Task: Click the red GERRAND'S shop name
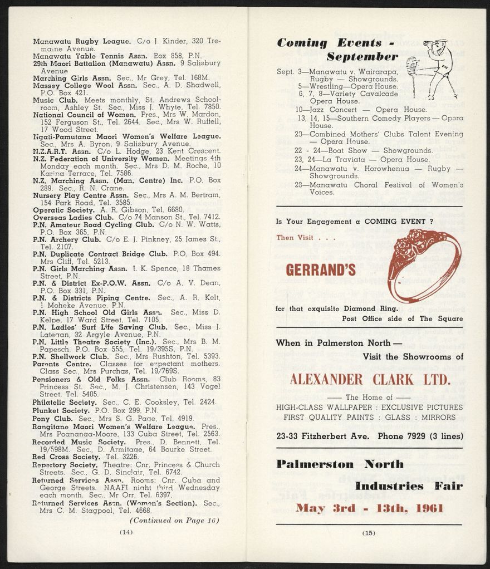click(320, 270)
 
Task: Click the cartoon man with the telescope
click(432, 67)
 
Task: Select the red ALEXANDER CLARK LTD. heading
click(369, 380)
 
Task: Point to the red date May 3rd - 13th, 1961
click(370, 508)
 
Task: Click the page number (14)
click(126, 532)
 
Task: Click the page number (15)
click(369, 533)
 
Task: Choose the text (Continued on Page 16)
click(174, 521)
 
